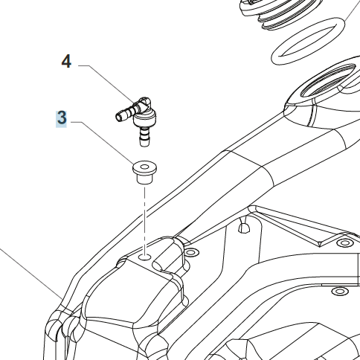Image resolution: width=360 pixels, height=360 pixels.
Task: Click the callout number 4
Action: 66,62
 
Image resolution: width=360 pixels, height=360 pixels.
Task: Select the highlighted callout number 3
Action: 62,118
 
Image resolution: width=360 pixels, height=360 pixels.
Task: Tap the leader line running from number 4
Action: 107,84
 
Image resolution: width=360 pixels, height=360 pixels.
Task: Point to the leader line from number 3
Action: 103,143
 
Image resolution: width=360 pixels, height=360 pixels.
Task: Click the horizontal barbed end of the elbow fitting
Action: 125,114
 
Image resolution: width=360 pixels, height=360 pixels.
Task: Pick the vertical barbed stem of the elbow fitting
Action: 144,136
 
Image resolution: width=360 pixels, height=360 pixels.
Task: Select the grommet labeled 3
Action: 144,173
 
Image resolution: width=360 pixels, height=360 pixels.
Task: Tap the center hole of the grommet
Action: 145,167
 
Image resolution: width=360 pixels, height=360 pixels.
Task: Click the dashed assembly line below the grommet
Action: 144,219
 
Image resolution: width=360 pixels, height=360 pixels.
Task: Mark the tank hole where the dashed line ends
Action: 144,257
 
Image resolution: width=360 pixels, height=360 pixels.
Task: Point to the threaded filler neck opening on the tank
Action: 327,80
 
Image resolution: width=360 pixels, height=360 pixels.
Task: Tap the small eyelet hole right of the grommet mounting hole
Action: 190,253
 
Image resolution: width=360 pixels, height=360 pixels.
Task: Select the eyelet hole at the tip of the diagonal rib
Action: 344,242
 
